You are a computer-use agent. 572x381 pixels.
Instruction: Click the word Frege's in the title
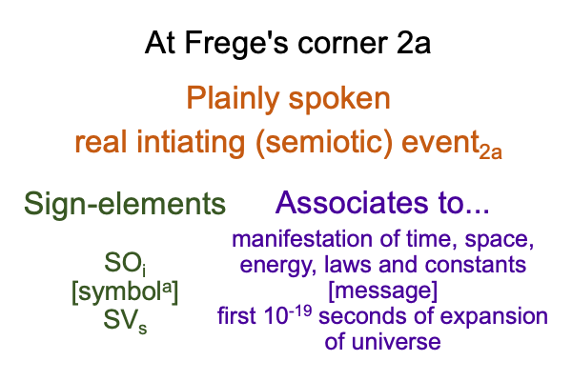coord(236,44)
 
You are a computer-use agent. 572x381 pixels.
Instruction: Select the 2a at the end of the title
coord(414,43)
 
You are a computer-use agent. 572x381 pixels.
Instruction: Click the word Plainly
coord(233,99)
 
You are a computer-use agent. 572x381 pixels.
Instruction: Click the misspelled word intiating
coord(191,142)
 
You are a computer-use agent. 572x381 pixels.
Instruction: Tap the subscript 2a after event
coord(491,151)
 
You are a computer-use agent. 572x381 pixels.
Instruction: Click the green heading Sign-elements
coord(125,204)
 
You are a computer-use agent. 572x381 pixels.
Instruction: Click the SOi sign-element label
coord(125,264)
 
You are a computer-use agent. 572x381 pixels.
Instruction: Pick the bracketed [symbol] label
coord(125,292)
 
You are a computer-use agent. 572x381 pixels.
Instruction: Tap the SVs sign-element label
coord(125,321)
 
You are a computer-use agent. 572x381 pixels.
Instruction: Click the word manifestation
coord(302,239)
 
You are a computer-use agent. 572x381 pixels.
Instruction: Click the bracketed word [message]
coord(382,291)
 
